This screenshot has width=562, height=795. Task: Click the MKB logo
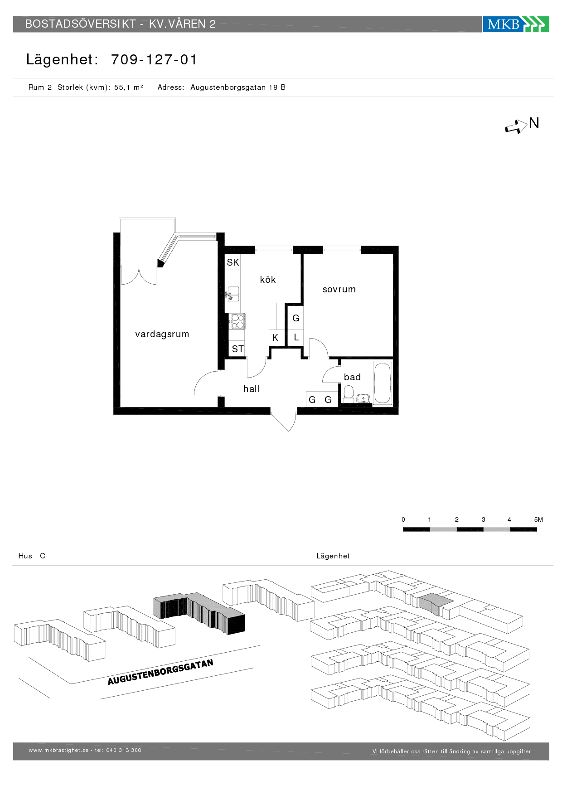(516, 24)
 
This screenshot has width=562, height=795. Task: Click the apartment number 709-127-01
(154, 60)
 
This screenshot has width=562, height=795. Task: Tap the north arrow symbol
(516, 126)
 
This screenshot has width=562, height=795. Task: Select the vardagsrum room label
(162, 334)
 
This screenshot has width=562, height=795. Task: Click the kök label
(268, 280)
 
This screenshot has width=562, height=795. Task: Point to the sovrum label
(339, 290)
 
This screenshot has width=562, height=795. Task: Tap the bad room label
(352, 377)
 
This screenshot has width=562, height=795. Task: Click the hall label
(251, 389)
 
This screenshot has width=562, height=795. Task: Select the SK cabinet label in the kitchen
(233, 262)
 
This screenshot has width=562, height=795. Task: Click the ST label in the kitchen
(238, 349)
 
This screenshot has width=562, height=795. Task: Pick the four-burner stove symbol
(237, 321)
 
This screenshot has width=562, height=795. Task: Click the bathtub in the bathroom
(383, 383)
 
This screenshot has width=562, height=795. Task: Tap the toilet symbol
(349, 394)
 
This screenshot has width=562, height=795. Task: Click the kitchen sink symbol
(233, 294)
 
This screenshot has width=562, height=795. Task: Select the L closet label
(296, 337)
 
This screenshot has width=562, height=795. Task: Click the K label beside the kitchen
(275, 338)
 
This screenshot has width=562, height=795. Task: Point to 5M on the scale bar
(538, 519)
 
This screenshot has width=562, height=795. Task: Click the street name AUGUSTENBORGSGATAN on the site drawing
(160, 672)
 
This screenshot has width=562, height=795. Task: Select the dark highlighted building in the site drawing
(199, 613)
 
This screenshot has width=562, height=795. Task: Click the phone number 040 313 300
(124, 750)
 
